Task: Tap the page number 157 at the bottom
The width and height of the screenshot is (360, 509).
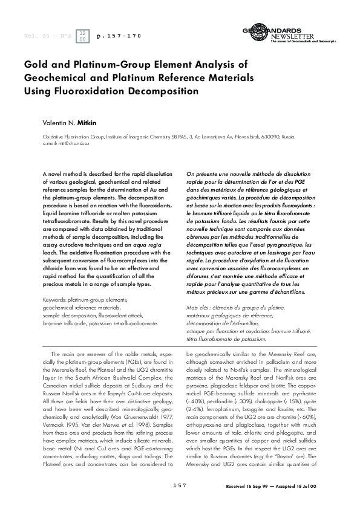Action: (x=180, y=485)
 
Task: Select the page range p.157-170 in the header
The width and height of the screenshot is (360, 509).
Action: (x=119, y=36)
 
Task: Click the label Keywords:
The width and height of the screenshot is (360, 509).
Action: (x=57, y=300)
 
